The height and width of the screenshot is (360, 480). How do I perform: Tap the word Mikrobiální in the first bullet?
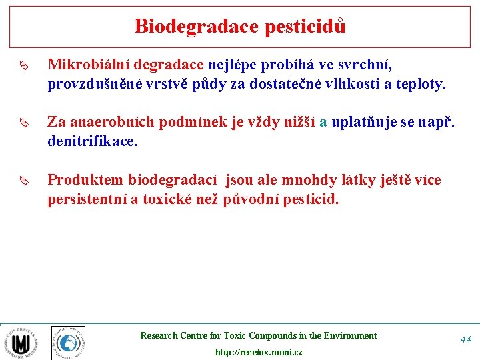click(89, 65)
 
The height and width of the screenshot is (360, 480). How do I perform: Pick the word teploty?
click(421, 85)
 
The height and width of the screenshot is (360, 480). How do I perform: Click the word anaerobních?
click(109, 123)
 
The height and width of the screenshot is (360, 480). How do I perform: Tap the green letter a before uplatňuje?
click(323, 123)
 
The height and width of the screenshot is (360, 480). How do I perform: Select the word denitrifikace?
click(92, 141)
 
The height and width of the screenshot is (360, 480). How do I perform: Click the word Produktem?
click(85, 180)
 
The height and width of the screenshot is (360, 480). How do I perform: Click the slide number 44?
click(465, 339)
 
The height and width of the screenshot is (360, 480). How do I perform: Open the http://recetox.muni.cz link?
click(258, 352)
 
